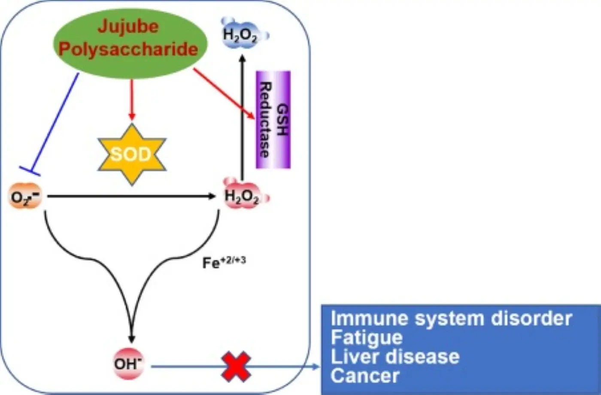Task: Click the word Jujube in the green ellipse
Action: click(128, 27)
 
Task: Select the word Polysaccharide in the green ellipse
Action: click(128, 49)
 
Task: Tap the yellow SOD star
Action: click(131, 154)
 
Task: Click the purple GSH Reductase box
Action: click(273, 119)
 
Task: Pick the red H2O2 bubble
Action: click(243, 197)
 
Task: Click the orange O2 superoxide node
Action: click(25, 197)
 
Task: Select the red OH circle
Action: click(127, 364)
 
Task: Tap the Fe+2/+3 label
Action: click(224, 262)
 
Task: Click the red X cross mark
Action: click(236, 366)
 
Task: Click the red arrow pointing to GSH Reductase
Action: click(223, 92)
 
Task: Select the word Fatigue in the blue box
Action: click(366, 338)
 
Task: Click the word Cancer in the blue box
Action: click(365, 376)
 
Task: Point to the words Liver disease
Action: click(395, 357)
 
